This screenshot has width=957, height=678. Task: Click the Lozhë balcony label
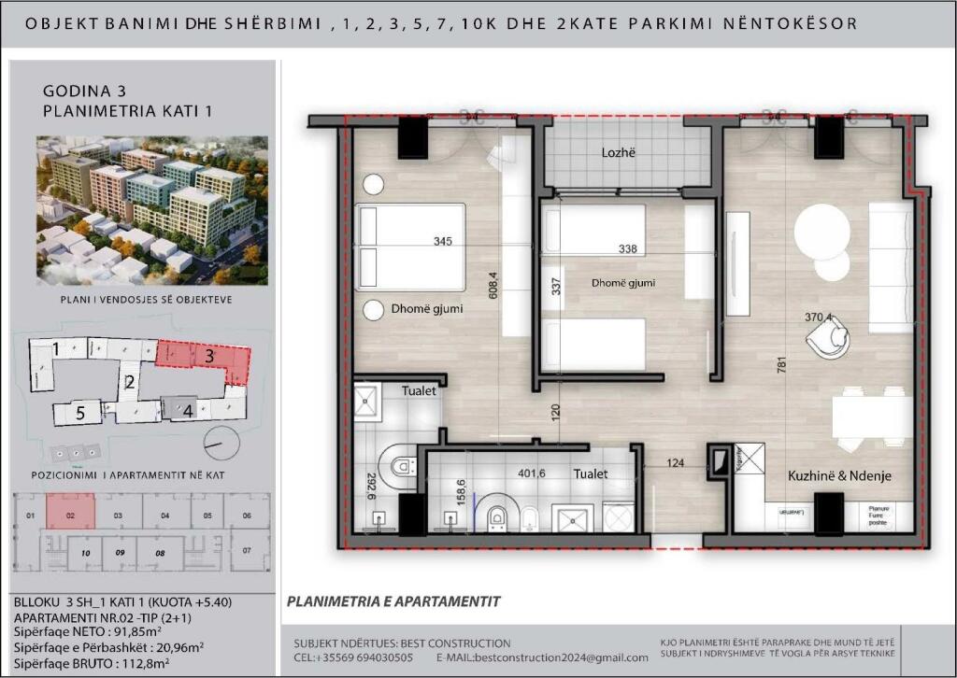click(x=619, y=152)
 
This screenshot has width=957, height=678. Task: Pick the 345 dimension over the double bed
click(x=443, y=242)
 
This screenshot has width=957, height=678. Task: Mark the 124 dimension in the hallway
click(x=677, y=462)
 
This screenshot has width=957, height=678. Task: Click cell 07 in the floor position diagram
click(x=248, y=551)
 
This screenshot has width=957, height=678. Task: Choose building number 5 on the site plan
click(x=81, y=412)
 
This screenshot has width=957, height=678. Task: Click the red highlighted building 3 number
click(x=209, y=356)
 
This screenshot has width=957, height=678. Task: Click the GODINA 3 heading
click(x=84, y=92)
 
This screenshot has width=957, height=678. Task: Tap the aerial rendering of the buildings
click(x=151, y=210)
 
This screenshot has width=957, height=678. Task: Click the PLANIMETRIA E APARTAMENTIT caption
click(x=393, y=601)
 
